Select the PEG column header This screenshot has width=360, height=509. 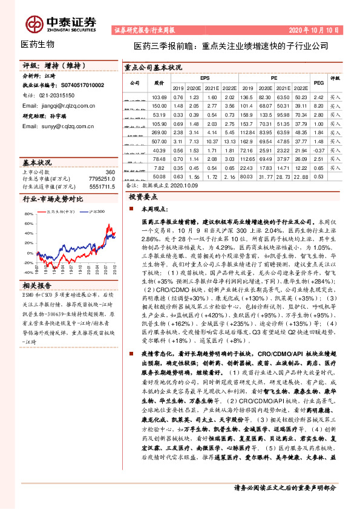(319, 82)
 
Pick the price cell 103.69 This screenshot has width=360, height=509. (159, 97)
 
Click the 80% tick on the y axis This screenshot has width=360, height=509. (29, 215)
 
